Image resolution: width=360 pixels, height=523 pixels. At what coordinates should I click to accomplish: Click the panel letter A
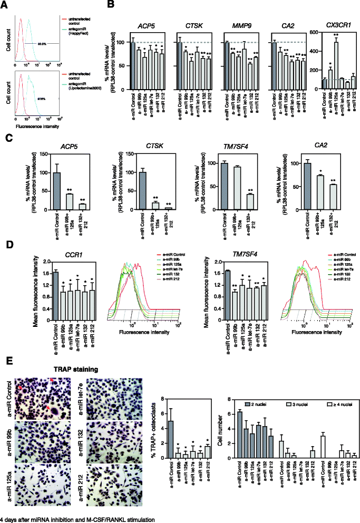(4, 5)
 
